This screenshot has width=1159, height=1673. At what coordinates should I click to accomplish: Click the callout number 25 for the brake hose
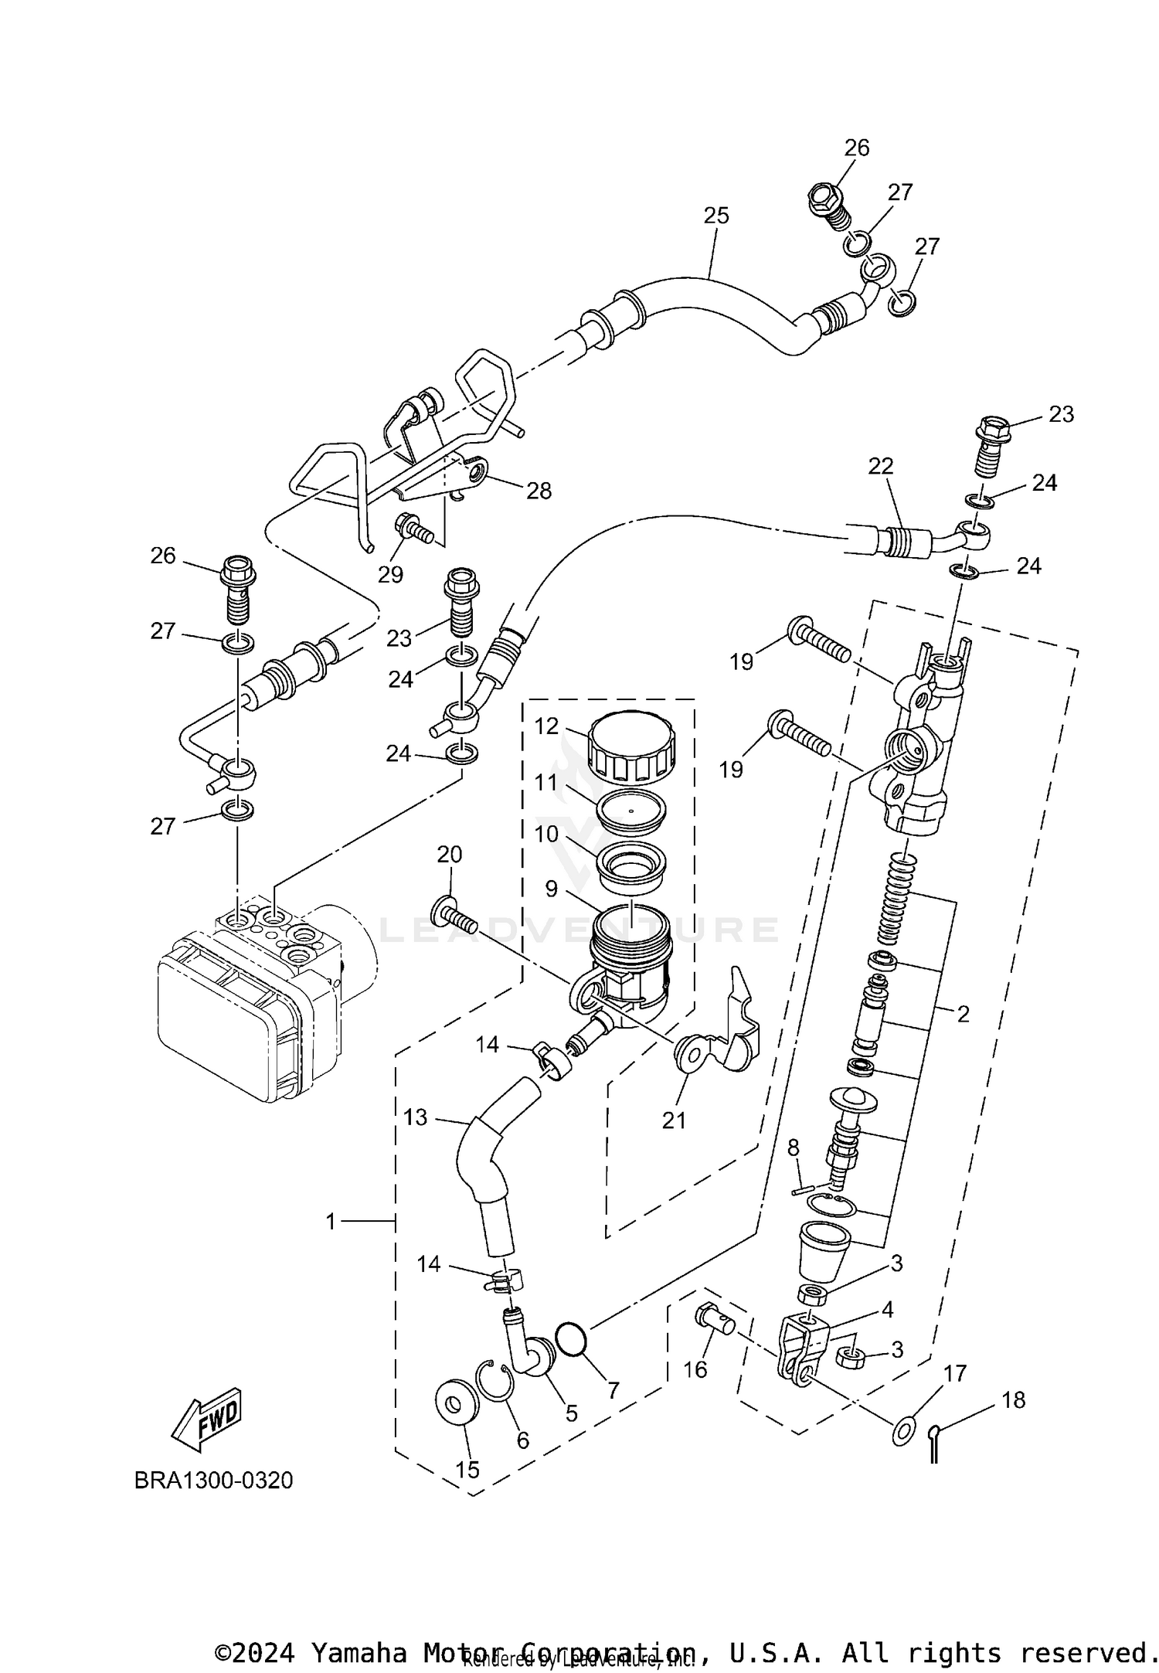(x=716, y=216)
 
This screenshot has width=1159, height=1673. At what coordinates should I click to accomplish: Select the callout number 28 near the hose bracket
(x=539, y=490)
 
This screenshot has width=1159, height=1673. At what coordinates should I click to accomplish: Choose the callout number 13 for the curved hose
(x=416, y=1117)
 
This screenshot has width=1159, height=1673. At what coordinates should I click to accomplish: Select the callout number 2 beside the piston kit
(x=962, y=1014)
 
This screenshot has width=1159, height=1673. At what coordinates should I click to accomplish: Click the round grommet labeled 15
(x=456, y=1401)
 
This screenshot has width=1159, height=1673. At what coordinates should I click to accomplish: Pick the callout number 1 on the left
(x=331, y=1222)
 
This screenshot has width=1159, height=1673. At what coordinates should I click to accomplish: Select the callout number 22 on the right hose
(x=880, y=466)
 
